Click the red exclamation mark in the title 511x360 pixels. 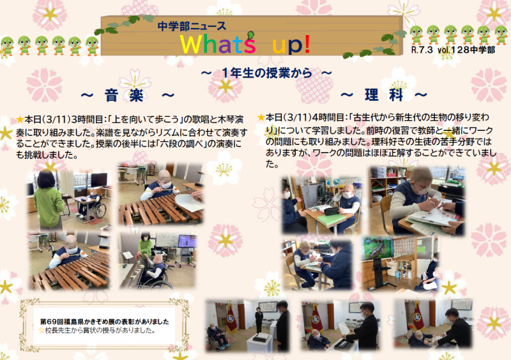(x=307, y=45)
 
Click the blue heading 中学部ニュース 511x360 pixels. (x=192, y=26)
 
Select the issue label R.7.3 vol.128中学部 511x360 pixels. (x=454, y=50)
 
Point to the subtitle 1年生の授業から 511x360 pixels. (x=266, y=73)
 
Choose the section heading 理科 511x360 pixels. (x=384, y=95)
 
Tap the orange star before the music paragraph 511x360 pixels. (x=20, y=119)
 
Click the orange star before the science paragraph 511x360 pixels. (x=261, y=117)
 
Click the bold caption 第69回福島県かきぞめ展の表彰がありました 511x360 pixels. (x=105, y=322)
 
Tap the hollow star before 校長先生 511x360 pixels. (x=42, y=331)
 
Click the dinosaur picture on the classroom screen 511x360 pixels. (x=378, y=248)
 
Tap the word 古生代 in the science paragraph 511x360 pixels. (x=367, y=117)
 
